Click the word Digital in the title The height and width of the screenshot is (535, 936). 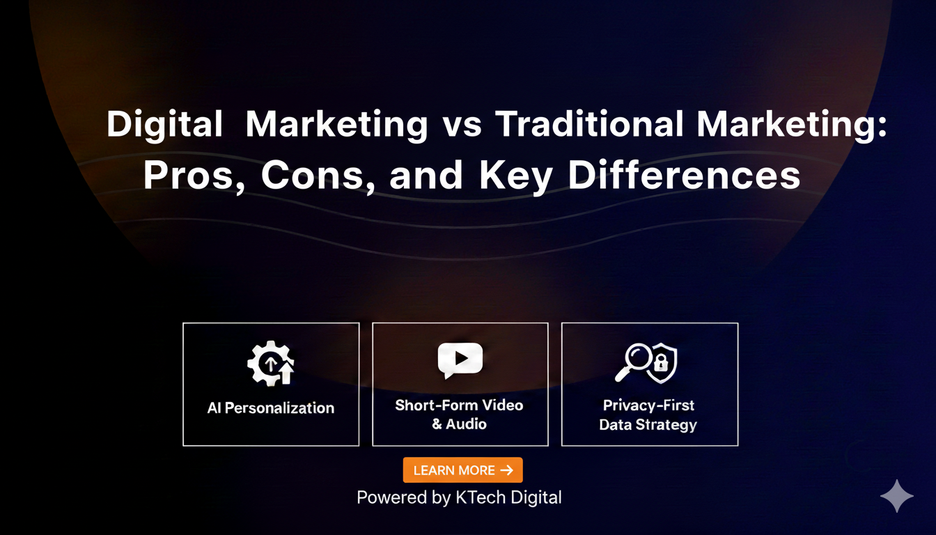164,125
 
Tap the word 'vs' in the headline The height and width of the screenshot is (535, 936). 461,125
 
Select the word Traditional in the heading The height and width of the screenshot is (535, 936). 589,125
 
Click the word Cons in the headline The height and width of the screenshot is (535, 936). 313,176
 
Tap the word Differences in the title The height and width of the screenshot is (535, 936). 684,176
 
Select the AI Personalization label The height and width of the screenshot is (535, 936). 271,408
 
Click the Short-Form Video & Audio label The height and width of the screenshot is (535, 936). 459,414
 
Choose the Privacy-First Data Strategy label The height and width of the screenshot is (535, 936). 648,414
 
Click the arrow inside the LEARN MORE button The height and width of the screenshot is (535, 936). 507,470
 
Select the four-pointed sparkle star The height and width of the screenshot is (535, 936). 896,496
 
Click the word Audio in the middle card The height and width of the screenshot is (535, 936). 467,424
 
